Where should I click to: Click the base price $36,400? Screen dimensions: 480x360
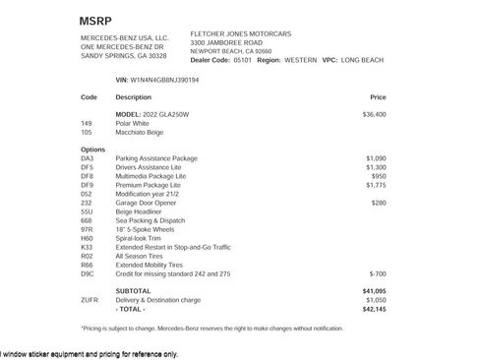(374, 114)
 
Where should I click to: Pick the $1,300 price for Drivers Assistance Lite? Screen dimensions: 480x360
(376, 166)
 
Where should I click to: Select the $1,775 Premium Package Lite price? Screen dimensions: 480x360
(376, 184)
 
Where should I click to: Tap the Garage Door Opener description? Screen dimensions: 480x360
(150, 202)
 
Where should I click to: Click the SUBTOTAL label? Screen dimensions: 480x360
(133, 291)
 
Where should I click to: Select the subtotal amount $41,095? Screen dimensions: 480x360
(374, 291)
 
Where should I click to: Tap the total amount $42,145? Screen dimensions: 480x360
(374, 309)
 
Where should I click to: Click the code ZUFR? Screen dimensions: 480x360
(90, 300)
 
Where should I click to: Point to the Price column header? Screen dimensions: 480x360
(378, 97)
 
